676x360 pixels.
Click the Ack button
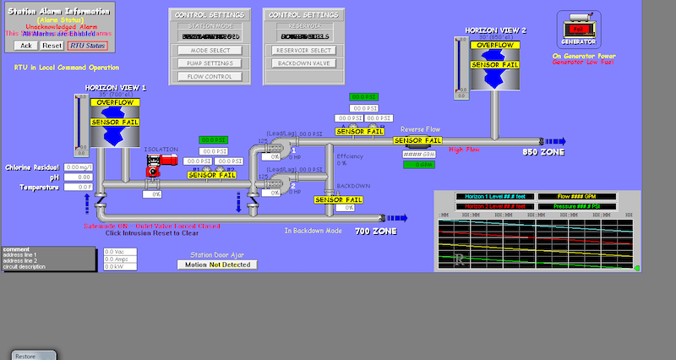[25, 46]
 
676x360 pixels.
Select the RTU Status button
[88, 46]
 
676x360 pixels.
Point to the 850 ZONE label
[543, 152]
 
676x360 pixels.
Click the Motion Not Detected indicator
[217, 265]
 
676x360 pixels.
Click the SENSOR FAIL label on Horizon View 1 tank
[114, 123]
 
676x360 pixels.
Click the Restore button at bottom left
[25, 356]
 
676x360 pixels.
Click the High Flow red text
[464, 150]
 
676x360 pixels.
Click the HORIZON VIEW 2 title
[494, 30]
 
